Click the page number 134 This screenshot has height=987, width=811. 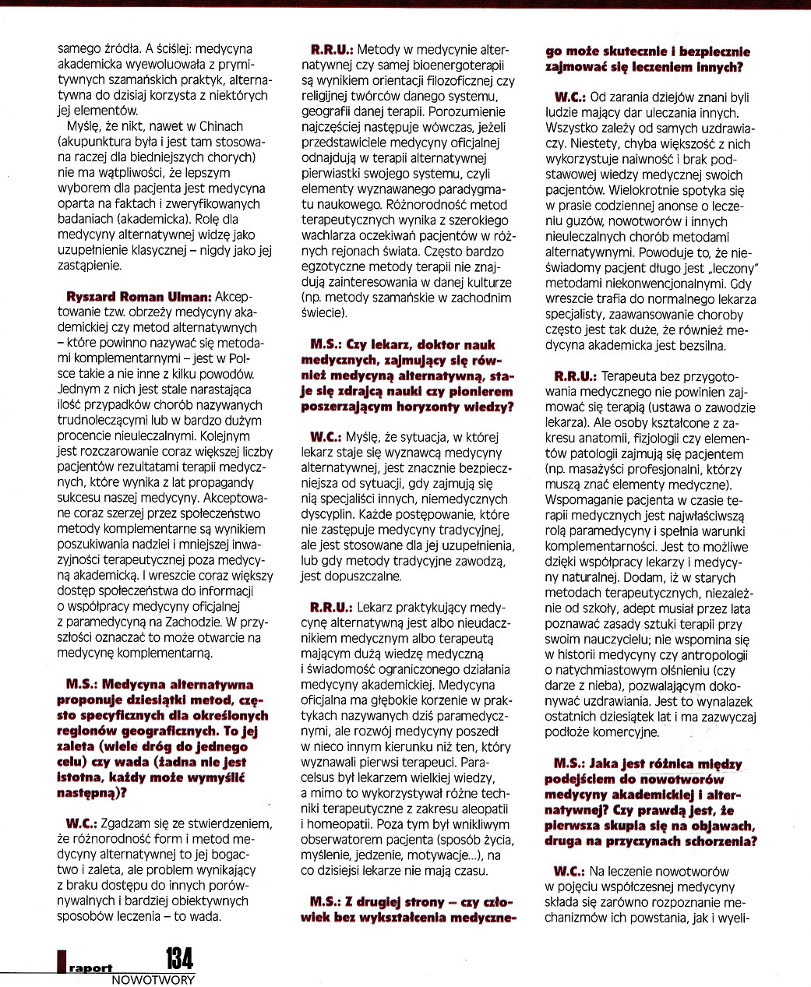pyautogui.click(x=178, y=958)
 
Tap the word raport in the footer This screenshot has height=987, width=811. pyautogui.click(x=90, y=968)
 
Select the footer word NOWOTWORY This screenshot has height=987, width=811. pyautogui.click(x=153, y=980)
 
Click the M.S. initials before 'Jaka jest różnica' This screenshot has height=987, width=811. pyautogui.click(x=569, y=764)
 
